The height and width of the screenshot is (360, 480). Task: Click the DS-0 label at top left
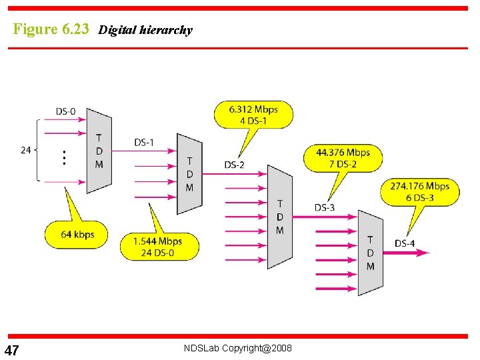pyautogui.click(x=65, y=111)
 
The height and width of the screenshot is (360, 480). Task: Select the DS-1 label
pyautogui.click(x=144, y=142)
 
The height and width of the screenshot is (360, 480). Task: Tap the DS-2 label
pyautogui.click(x=234, y=165)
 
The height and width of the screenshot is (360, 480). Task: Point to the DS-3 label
pyautogui.click(x=325, y=207)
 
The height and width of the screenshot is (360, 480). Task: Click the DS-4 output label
pyautogui.click(x=405, y=243)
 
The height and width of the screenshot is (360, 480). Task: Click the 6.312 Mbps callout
pyautogui.click(x=253, y=115)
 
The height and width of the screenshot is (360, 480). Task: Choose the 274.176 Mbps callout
pyautogui.click(x=420, y=191)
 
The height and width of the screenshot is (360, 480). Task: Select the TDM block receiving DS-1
pyautogui.click(x=189, y=174)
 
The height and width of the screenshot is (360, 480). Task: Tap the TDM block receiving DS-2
pyautogui.click(x=279, y=217)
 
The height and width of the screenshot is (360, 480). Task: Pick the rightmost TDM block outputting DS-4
pyautogui.click(x=370, y=253)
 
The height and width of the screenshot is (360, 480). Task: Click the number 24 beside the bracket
pyautogui.click(x=26, y=150)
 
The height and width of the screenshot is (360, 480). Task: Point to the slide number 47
pyautogui.click(x=11, y=351)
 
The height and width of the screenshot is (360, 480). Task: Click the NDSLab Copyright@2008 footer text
pyautogui.click(x=237, y=349)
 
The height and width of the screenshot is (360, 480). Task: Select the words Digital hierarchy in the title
pyautogui.click(x=145, y=30)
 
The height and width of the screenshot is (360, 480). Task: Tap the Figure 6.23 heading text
pyautogui.click(x=51, y=29)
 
